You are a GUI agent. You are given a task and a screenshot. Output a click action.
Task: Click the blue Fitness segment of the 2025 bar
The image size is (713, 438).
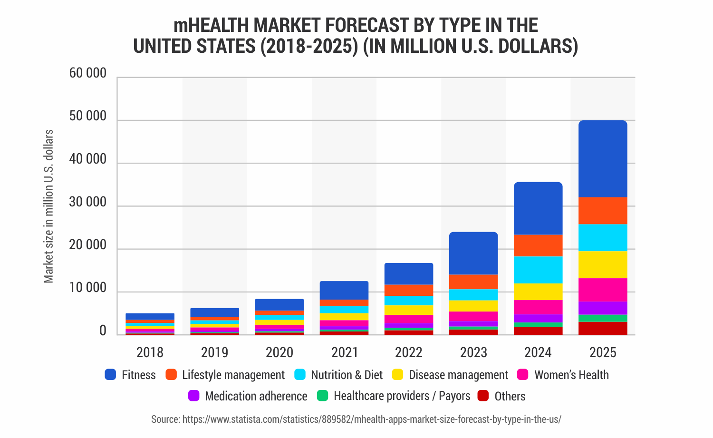point(603,159)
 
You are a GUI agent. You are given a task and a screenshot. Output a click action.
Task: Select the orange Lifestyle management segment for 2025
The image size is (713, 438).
point(603,211)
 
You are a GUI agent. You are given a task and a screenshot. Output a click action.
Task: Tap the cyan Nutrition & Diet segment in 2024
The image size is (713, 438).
point(538,270)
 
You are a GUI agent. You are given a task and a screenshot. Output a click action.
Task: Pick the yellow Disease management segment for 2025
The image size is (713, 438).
point(603,264)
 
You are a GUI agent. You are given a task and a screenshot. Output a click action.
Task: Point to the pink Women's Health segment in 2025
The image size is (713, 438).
point(603,290)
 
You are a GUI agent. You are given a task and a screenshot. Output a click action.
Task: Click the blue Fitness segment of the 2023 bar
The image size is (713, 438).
point(473,253)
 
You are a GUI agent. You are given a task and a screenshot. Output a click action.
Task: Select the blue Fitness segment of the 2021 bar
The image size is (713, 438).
point(344,290)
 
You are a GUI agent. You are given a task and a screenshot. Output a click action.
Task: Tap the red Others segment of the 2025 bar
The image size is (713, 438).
point(603,328)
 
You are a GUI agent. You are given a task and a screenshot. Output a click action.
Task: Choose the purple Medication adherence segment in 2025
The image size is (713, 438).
point(603,308)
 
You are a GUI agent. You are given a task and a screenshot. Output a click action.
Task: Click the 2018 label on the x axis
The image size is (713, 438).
point(150,352)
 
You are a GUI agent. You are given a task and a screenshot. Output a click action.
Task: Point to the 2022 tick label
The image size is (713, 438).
point(409,352)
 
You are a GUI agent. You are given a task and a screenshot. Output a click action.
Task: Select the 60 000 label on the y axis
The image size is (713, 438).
point(88,73)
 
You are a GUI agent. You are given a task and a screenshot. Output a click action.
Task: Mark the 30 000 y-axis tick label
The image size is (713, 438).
point(88,202)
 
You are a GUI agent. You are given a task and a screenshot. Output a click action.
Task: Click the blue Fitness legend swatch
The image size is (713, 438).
point(111,375)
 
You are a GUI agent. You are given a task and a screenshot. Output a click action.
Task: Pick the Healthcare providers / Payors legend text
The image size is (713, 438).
point(402,396)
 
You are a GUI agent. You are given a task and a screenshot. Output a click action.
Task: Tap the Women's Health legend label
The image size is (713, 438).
point(571,375)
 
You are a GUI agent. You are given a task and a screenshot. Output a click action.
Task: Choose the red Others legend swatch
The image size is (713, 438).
point(483,396)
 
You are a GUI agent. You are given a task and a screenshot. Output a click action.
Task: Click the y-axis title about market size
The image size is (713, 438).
point(48,206)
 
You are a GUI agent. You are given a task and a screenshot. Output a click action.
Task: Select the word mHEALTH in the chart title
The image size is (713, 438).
point(212,25)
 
